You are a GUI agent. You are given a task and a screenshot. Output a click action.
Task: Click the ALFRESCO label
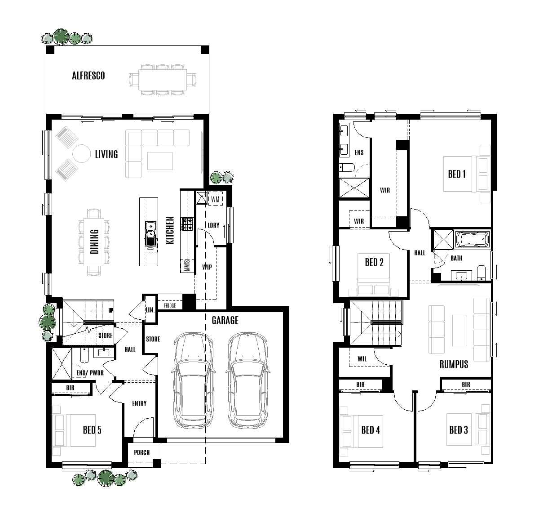point(88,76)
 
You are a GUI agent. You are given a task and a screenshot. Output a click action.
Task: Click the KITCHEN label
point(170,231)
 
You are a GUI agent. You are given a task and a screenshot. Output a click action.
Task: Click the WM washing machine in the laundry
point(215,198)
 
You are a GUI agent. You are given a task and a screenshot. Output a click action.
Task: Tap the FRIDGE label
point(170,306)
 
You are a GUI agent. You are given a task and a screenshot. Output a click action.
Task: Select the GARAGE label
point(225,320)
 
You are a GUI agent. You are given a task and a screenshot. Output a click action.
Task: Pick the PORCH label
point(141,452)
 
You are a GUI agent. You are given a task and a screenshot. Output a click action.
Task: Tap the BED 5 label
point(92,430)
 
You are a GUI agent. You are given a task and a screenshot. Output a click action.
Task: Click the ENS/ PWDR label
point(90,373)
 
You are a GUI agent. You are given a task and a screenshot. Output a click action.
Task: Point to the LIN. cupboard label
point(150,310)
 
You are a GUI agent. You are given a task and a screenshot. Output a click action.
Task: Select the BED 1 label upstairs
point(457,174)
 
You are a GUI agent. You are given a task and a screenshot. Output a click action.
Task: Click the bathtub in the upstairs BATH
point(472,240)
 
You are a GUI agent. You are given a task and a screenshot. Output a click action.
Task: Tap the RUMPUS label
point(454,364)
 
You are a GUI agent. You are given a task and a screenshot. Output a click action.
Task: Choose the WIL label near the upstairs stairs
point(362,359)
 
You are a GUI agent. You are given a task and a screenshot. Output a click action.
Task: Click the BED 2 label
point(374,262)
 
